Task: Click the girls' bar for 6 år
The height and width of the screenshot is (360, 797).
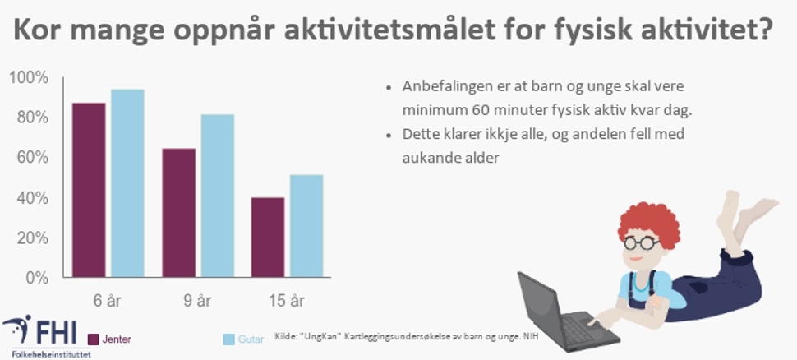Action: click(x=89, y=190)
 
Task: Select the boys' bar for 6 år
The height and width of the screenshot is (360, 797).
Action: click(x=127, y=183)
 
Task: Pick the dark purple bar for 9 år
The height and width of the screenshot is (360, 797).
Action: click(x=179, y=213)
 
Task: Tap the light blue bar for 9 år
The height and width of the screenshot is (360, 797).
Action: click(x=218, y=196)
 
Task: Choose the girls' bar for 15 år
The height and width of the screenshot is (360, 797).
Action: click(x=268, y=238)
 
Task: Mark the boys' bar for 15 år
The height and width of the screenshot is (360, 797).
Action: click(x=306, y=226)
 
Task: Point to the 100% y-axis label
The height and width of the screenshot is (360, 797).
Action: click(x=29, y=78)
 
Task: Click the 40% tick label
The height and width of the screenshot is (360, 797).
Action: click(x=33, y=198)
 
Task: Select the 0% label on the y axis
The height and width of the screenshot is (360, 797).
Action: click(x=37, y=278)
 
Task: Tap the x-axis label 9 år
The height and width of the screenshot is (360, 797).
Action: click(x=197, y=301)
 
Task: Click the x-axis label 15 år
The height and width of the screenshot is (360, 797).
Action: click(x=287, y=301)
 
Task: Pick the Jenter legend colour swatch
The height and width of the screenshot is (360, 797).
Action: click(x=93, y=339)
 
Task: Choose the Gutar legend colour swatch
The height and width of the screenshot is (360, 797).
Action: click(x=228, y=339)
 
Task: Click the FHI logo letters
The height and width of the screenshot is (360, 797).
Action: click(x=55, y=330)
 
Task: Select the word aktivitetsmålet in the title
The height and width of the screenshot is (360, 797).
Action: click(x=389, y=30)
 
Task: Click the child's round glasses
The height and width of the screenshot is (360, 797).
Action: click(x=641, y=242)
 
